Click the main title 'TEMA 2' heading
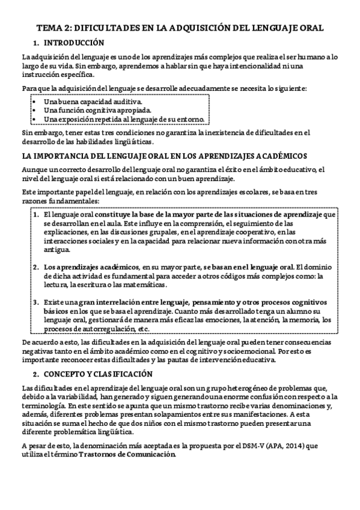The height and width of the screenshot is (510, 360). click(x=180, y=28)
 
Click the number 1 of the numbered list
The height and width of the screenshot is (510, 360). click(x=37, y=214)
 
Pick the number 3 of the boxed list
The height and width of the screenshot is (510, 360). click(x=37, y=302)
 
